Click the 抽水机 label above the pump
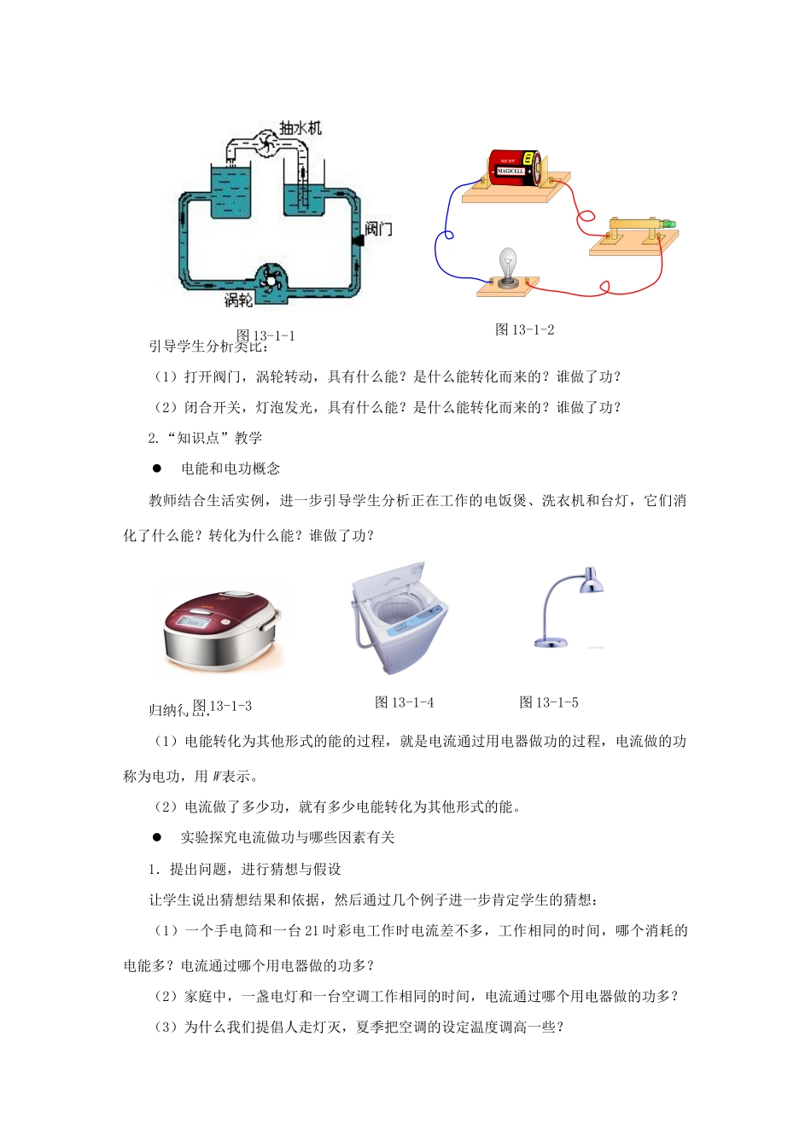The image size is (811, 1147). [x=300, y=127]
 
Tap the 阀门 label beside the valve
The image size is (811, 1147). [x=377, y=228]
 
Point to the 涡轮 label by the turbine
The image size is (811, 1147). [x=238, y=300]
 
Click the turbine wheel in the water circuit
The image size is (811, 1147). [x=272, y=280]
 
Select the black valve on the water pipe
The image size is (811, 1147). [x=358, y=240]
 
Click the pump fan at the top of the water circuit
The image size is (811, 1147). [x=265, y=145]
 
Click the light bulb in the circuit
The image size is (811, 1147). [x=508, y=265]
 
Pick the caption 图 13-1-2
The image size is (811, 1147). [x=525, y=329]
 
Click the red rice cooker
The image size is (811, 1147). [x=222, y=629]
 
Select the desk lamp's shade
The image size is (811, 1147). [x=590, y=584]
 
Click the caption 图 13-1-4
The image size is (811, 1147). [x=405, y=702]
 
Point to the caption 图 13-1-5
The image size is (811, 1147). [x=549, y=702]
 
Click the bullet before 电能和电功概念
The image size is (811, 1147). [x=156, y=469]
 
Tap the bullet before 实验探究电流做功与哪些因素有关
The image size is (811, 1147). [x=156, y=837]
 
